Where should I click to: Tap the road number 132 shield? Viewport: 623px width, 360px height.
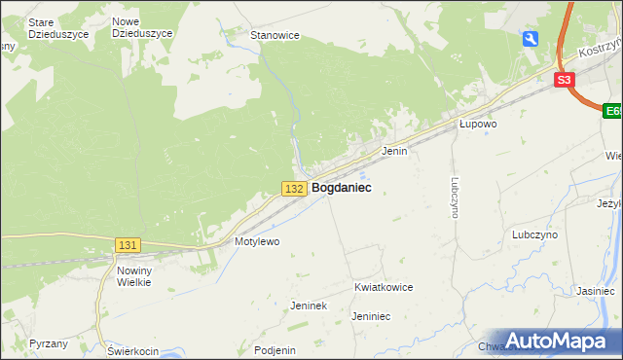click(296, 188)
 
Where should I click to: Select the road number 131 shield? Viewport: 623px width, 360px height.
click(128, 245)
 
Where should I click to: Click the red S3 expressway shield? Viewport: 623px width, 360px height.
click(565, 81)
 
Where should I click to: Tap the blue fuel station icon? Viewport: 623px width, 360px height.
click(531, 38)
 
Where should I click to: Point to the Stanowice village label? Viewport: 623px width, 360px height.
click(275, 35)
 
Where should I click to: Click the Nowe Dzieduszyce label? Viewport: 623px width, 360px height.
click(142, 26)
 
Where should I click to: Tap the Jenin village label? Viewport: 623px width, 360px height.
click(394, 152)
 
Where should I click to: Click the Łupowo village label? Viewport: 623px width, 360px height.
click(479, 125)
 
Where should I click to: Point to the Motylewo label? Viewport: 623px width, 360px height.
click(257, 240)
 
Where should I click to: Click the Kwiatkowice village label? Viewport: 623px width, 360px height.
click(385, 287)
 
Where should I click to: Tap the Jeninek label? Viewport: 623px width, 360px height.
click(308, 306)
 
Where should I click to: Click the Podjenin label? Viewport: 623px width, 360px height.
click(274, 350)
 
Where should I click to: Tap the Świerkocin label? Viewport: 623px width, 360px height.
click(132, 350)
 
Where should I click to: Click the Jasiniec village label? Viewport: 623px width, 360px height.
click(595, 291)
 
